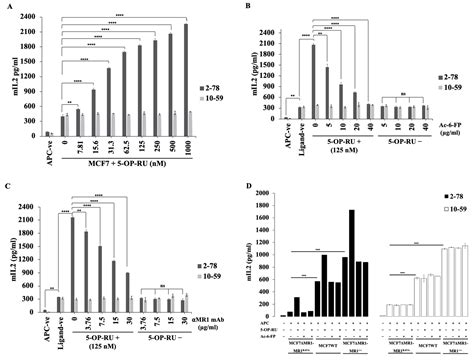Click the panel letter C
[x=8, y=186]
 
